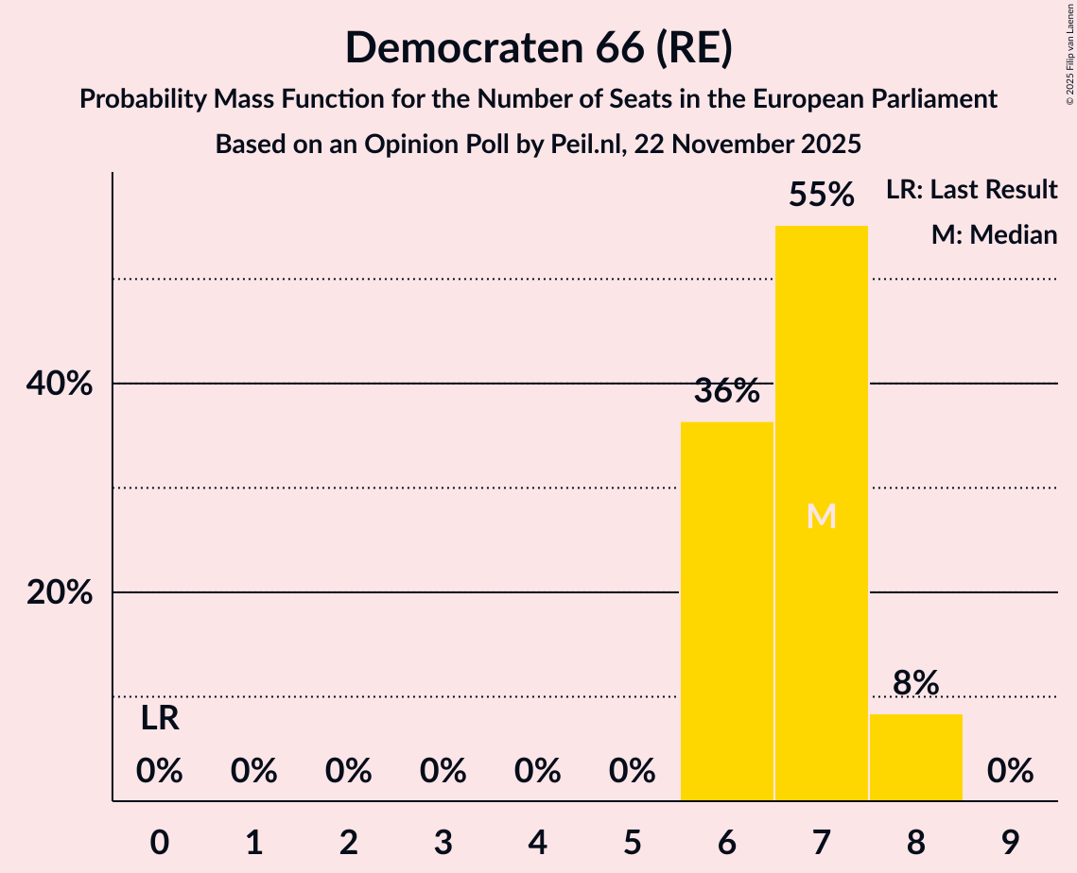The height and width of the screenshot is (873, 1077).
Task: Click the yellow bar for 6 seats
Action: [x=726, y=610]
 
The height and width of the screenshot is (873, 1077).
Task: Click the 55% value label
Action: [x=821, y=195]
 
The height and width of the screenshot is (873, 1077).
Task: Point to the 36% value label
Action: [x=726, y=390]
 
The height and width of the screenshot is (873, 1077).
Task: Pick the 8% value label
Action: [x=915, y=682]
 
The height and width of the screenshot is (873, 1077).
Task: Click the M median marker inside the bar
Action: [x=821, y=516]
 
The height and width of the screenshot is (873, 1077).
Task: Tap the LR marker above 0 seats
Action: [x=160, y=719]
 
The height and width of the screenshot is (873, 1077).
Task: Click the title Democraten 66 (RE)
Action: [x=538, y=47]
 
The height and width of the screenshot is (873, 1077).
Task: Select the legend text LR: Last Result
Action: [x=971, y=190]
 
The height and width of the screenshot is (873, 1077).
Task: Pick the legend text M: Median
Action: [x=994, y=234]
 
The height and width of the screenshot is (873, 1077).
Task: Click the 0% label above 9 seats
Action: [x=1010, y=772]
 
